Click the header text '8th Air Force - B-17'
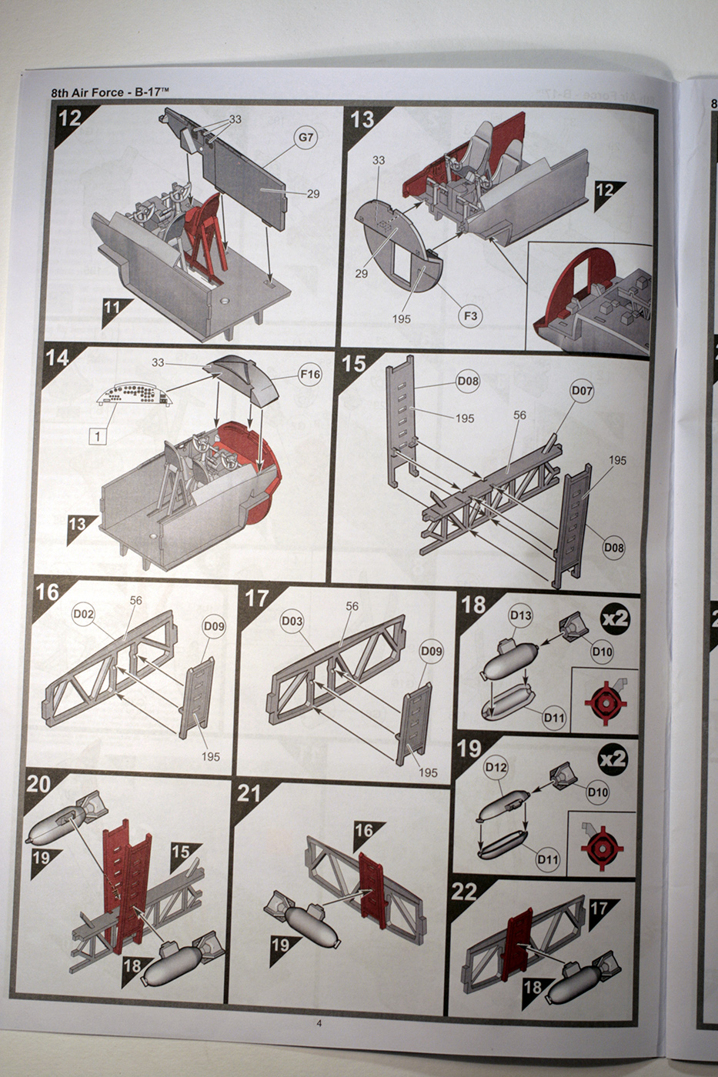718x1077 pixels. pos(109,92)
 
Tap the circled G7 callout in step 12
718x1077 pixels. pos(306,138)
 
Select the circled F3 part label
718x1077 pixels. pos(470,315)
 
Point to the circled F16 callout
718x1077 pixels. pos(309,375)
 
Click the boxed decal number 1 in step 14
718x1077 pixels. pos(98,436)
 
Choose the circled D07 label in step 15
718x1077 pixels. pos(582,391)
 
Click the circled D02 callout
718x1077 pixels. pos(83,614)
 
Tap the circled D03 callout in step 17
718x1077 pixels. pos(292,620)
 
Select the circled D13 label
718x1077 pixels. pos(521,615)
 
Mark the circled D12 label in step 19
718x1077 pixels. pos(496,767)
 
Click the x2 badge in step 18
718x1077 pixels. pos(615,619)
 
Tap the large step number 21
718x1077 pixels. pos(249,793)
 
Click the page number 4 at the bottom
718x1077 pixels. pos(319,1023)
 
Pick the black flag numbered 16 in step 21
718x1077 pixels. pos(365,831)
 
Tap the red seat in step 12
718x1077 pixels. pos(205,231)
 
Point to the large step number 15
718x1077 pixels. pos(354,364)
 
